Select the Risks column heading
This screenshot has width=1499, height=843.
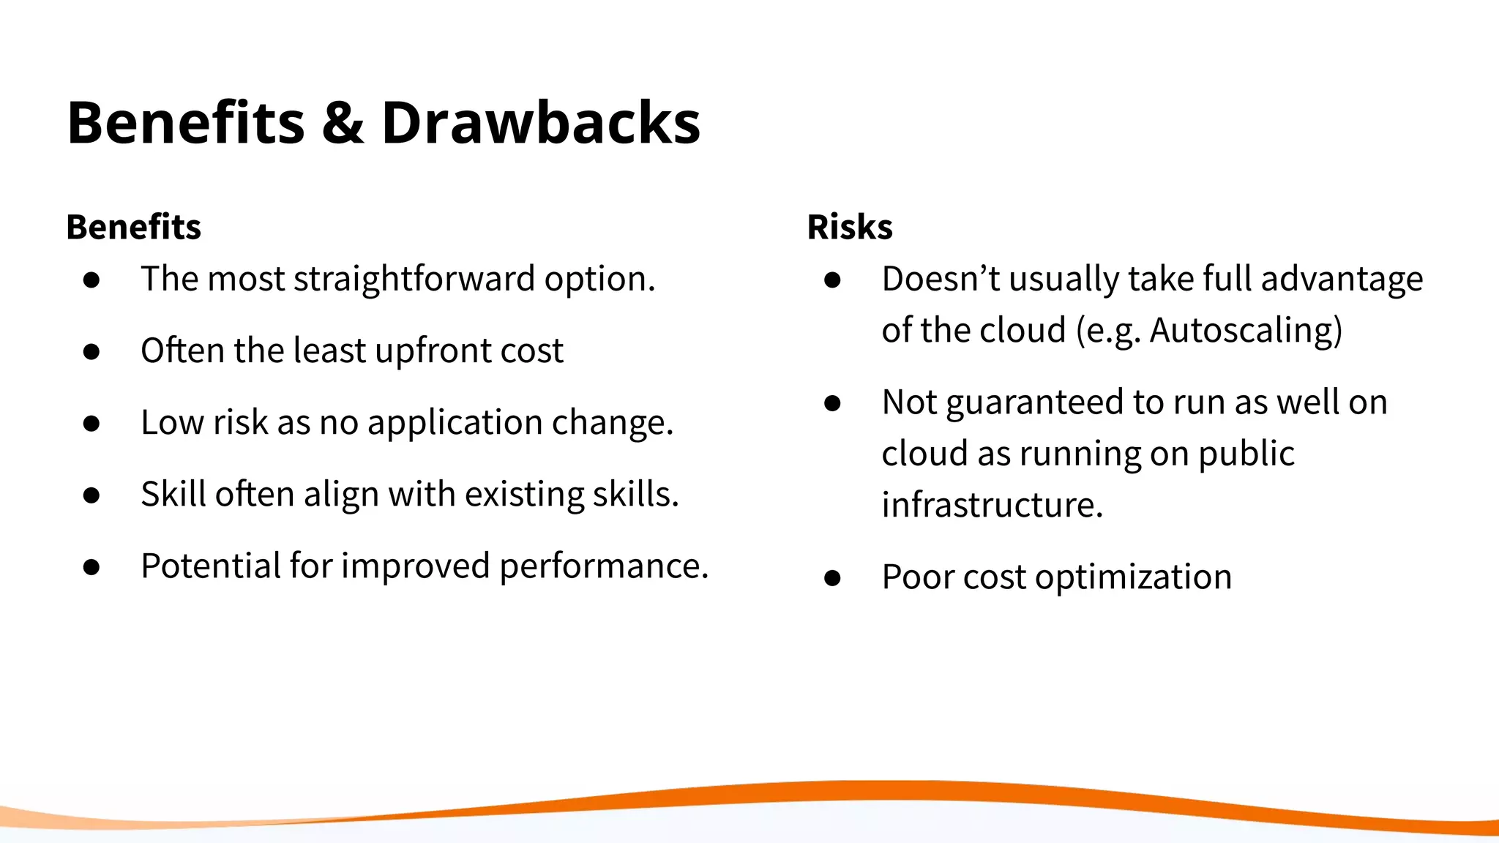click(849, 227)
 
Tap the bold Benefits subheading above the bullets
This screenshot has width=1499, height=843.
click(133, 227)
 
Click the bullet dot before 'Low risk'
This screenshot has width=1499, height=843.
click(91, 424)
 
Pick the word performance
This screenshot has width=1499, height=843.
click(603, 566)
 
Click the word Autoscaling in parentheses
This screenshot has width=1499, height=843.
click(1243, 331)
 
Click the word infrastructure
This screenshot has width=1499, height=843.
click(991, 505)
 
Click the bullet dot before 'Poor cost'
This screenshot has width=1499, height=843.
click(832, 578)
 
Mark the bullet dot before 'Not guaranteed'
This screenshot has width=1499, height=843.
click(832, 403)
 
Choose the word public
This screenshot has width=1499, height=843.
click(1246, 454)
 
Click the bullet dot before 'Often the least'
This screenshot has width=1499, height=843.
click(91, 352)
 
